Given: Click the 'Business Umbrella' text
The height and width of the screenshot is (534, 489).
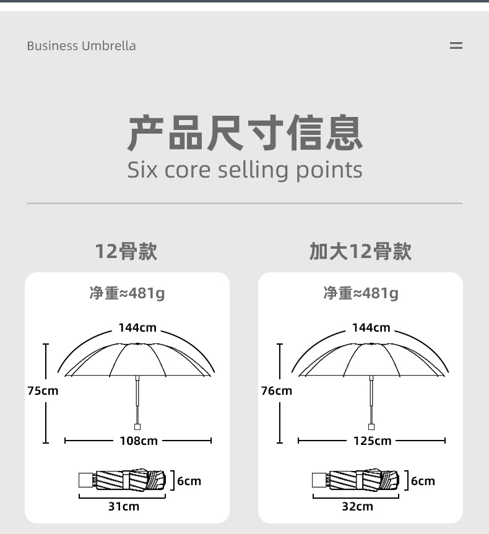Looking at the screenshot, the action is click(81, 46).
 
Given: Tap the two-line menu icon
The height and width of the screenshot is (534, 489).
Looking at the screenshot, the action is click(456, 46).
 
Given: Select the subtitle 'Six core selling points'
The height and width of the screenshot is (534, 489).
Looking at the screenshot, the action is click(244, 170).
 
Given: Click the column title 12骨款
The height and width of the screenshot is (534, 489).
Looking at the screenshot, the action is click(126, 252).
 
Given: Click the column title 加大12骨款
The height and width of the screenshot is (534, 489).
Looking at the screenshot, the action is click(360, 252).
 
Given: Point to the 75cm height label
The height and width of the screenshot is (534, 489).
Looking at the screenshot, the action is click(43, 390).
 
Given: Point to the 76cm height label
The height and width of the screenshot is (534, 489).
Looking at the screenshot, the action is click(276, 390).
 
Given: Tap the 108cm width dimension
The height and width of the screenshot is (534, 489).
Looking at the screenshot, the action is click(139, 441).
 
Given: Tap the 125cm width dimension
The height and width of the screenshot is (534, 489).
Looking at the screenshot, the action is click(372, 441).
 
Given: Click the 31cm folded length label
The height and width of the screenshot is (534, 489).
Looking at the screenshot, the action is click(124, 506).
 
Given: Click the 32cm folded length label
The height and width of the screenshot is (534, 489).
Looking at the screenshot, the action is click(358, 506).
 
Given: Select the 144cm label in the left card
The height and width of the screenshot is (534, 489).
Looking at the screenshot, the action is click(137, 327).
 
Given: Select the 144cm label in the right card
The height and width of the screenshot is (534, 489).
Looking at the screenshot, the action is click(371, 327).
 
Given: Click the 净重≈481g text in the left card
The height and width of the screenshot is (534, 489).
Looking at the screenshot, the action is click(127, 293).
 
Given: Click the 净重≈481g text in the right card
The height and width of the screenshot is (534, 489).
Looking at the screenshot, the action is click(361, 293).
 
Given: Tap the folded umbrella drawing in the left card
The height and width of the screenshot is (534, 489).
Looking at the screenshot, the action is click(123, 481).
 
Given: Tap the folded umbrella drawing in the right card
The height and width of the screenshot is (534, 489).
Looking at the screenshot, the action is click(357, 481).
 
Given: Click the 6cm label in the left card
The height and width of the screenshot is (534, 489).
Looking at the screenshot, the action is click(189, 481).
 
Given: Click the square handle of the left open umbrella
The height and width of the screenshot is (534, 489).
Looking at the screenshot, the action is click(137, 426).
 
